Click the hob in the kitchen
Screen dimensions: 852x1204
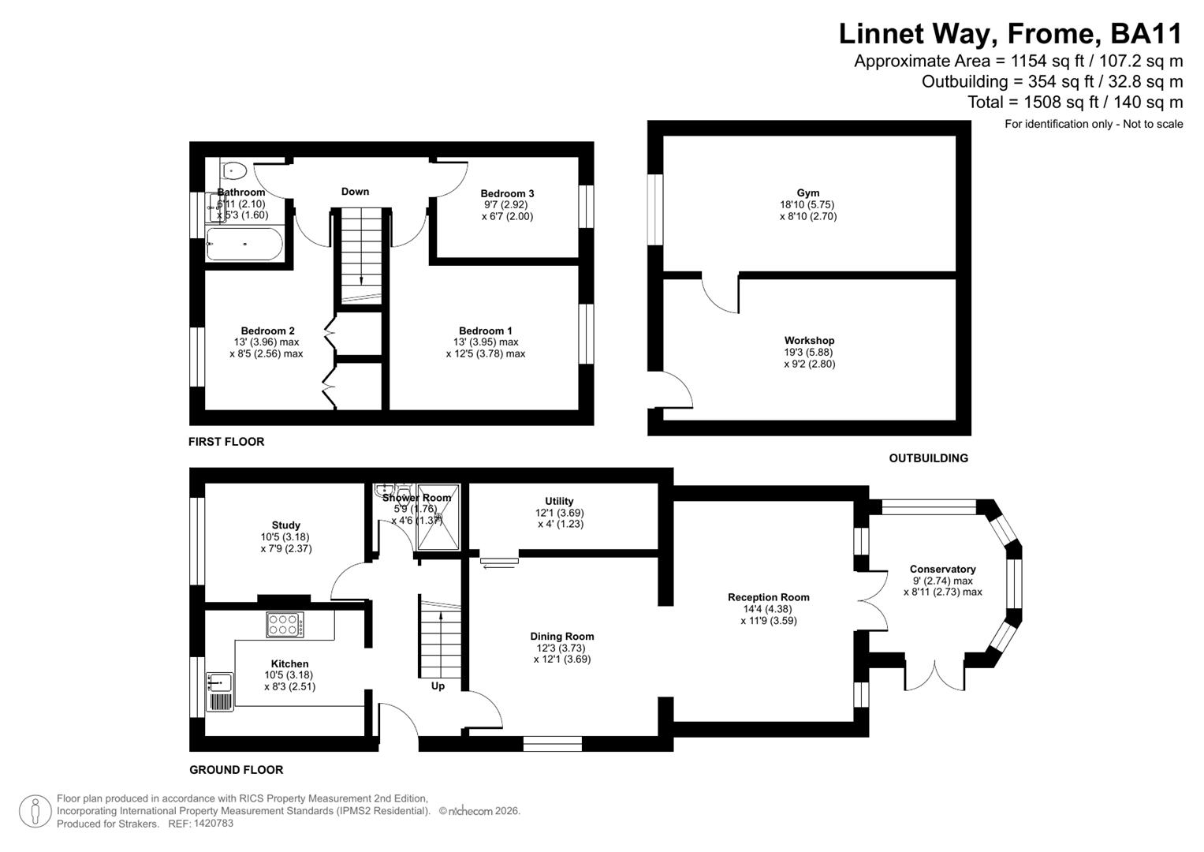pos(285,625)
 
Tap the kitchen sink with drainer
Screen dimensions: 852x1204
pos(220,692)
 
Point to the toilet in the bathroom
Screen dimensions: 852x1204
pos(235,170)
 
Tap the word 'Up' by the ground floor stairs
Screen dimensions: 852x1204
pos(438,686)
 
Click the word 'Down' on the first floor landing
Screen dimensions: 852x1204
pos(355,191)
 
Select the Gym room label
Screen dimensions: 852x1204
pos(807,192)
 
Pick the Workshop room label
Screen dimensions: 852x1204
pos(809,341)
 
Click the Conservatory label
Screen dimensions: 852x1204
pos(942,569)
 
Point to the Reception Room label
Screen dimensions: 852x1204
pos(768,597)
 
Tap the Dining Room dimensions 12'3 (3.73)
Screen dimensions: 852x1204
pos(561,648)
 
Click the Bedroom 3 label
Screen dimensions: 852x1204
pos(507,193)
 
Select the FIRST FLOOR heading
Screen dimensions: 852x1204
pos(226,442)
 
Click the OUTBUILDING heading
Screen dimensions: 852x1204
pos(928,458)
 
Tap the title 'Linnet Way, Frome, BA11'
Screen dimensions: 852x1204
pos(1010,34)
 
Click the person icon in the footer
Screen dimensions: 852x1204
pos(35,811)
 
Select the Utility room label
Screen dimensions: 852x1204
pos(559,501)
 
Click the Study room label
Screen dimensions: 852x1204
pos(285,525)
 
